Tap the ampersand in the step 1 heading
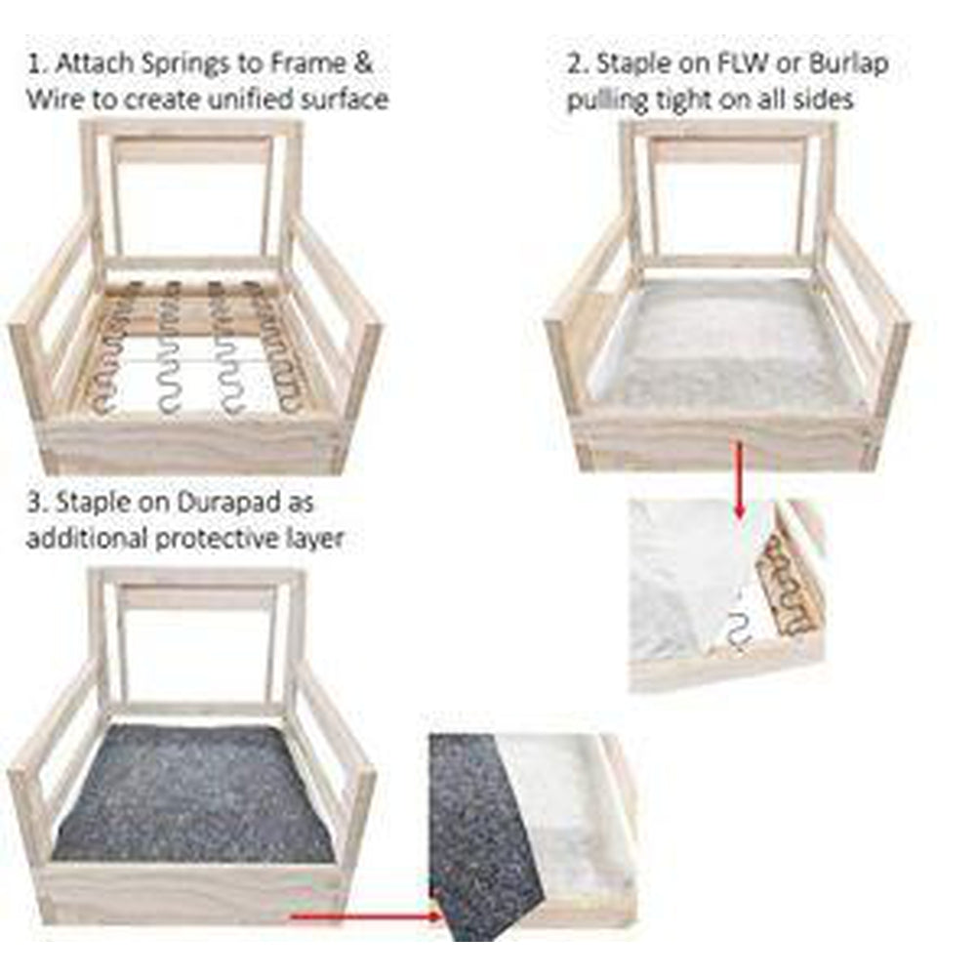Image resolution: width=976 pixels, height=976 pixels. [362, 63]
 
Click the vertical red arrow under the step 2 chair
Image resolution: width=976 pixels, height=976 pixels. [740, 479]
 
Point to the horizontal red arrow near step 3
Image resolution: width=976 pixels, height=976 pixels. [367, 916]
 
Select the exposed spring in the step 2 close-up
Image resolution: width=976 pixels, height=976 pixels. [741, 630]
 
